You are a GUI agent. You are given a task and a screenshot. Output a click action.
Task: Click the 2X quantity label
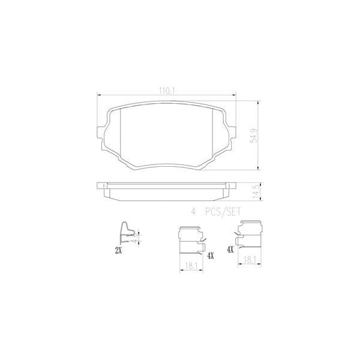(x=118, y=250)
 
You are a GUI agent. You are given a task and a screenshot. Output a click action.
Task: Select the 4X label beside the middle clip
(x=209, y=255)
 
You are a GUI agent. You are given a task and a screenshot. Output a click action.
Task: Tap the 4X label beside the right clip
(x=230, y=248)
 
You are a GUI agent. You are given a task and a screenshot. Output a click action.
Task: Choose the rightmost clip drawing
(x=251, y=235)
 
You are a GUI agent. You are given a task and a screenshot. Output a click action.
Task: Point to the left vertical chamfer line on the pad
(x=122, y=136)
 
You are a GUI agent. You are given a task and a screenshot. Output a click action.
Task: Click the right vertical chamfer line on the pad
(x=214, y=136)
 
